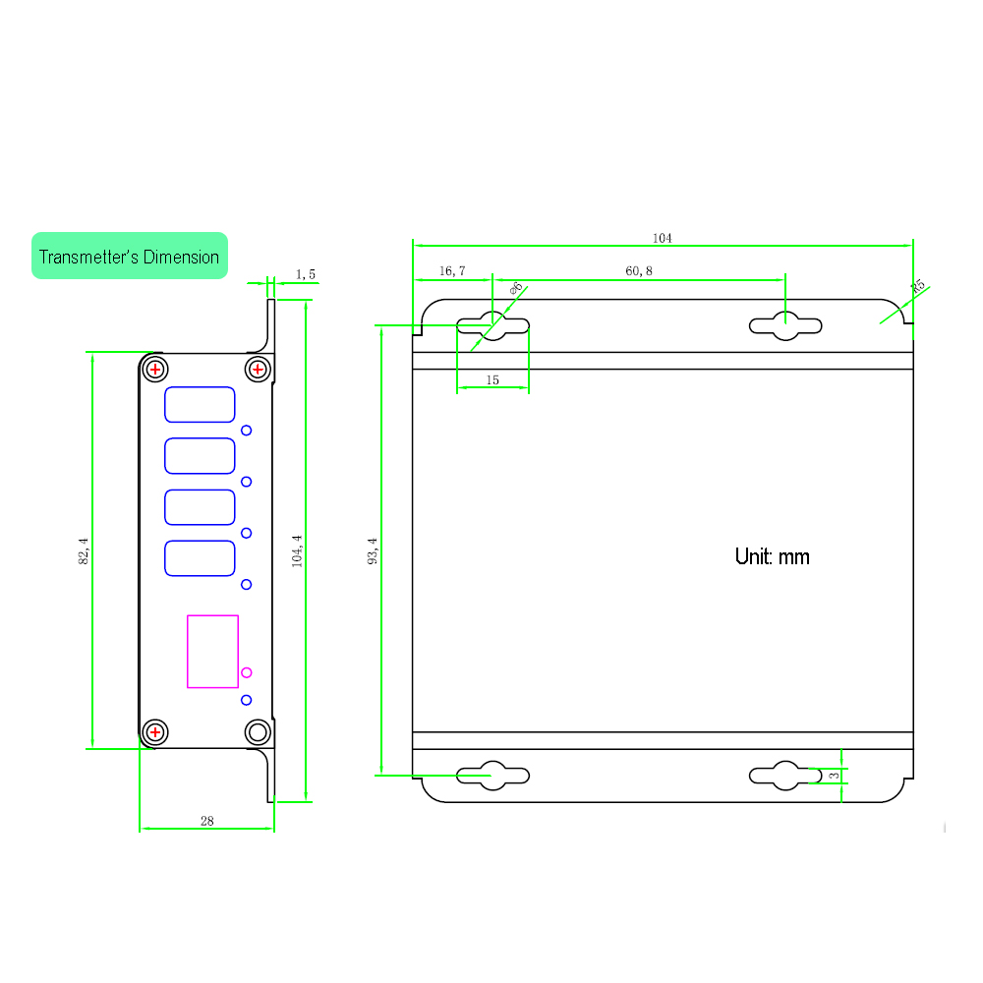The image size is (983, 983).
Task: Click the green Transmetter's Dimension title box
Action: pos(130,256)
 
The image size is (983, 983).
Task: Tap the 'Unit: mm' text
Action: pos(773,556)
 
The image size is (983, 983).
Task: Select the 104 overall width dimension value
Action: pos(662,238)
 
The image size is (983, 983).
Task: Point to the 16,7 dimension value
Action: pos(452,271)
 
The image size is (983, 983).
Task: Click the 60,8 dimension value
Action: pos(639,271)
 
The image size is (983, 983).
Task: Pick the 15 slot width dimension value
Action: pos(492,379)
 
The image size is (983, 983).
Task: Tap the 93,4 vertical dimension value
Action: pos(373,551)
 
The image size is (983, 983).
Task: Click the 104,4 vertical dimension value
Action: pos(297,551)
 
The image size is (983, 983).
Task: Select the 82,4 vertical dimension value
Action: pos(84,551)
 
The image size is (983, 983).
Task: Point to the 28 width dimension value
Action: pos(206,821)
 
